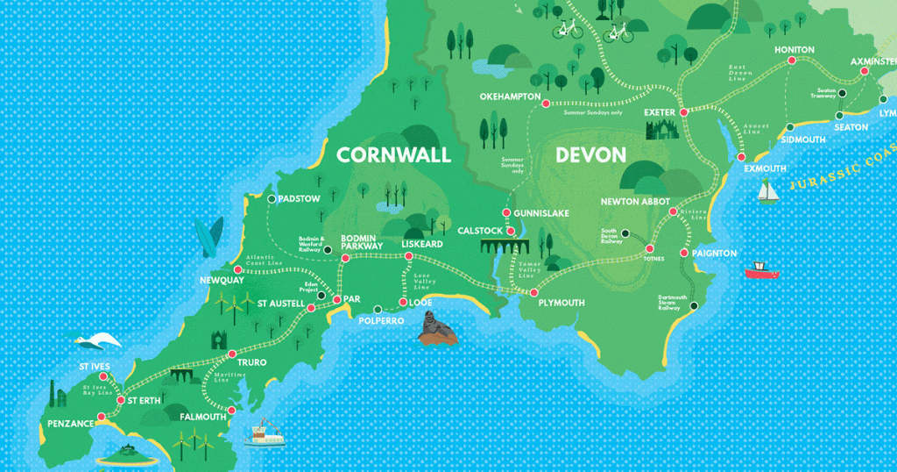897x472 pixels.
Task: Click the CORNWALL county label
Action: [x=393, y=155]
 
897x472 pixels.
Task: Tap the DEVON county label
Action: [x=590, y=155]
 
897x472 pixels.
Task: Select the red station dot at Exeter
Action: [x=683, y=111]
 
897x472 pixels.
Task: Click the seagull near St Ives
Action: [x=95, y=341]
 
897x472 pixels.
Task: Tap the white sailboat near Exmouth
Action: [x=768, y=191]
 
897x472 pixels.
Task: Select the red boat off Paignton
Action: [x=761, y=270]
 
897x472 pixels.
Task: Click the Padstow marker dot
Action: [x=272, y=200]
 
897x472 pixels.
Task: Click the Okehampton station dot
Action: [x=546, y=104]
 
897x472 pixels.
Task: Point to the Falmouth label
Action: [x=202, y=417]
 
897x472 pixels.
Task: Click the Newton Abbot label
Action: [x=635, y=201]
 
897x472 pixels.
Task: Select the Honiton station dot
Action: [x=792, y=61]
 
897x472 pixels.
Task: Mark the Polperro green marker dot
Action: [x=378, y=309]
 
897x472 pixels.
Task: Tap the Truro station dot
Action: [x=231, y=354]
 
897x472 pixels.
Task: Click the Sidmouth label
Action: [x=802, y=139]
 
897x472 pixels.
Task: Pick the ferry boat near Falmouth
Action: [x=265, y=434]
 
